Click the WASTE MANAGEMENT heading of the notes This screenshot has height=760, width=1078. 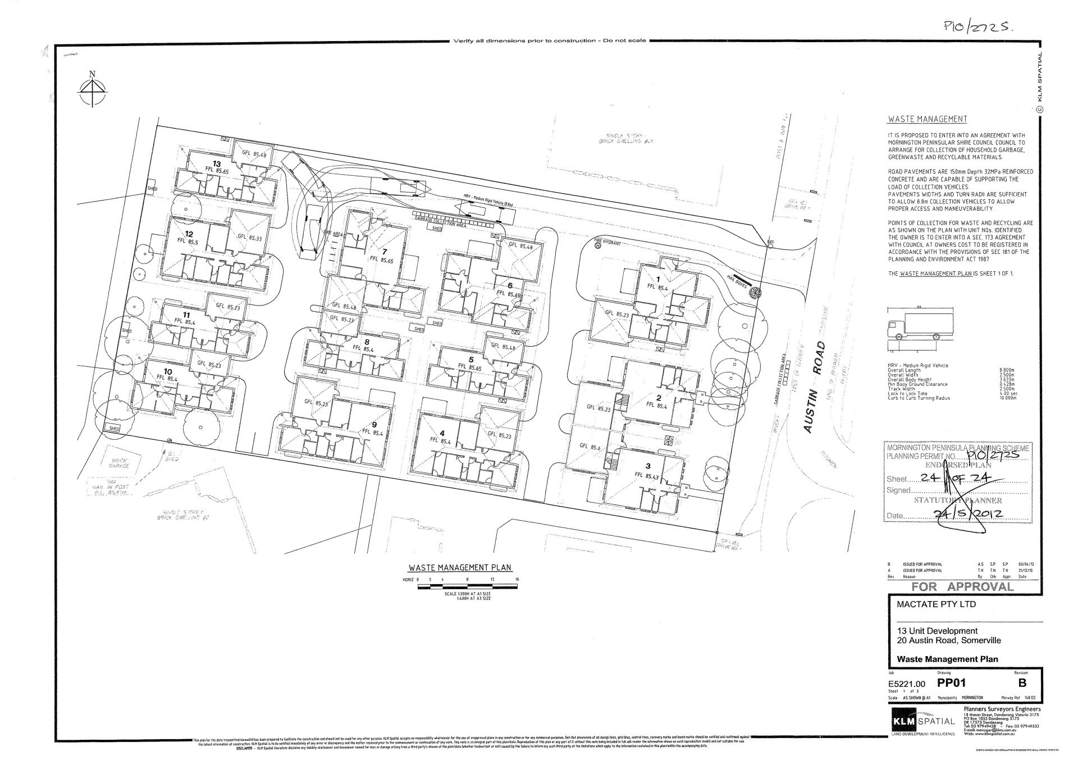click(x=927, y=119)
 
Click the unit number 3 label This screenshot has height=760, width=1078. click(x=648, y=466)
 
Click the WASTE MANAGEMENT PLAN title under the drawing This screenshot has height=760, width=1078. click(x=460, y=567)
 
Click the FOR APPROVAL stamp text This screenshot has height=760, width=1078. click(x=962, y=587)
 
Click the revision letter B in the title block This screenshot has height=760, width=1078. click(x=1022, y=683)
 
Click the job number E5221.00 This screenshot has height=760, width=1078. click(x=906, y=684)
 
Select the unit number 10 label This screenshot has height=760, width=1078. click(x=168, y=371)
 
